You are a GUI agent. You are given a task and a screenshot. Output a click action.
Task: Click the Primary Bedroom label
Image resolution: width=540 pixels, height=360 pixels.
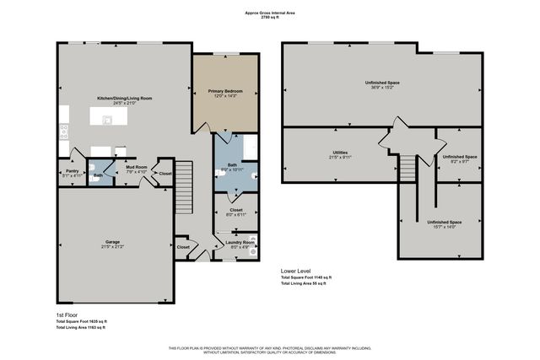[225, 89]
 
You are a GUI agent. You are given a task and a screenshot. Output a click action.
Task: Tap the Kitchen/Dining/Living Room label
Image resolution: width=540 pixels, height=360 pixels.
[124, 99]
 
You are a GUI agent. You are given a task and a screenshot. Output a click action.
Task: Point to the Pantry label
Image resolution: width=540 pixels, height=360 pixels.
[72, 171]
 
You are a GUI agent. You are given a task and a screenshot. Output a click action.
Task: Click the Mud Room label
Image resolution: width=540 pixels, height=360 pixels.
[137, 167]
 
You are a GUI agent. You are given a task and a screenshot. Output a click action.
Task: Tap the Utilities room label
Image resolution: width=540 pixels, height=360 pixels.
[340, 153]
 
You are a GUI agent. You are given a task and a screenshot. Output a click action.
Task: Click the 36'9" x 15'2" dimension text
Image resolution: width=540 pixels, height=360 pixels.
[382, 87]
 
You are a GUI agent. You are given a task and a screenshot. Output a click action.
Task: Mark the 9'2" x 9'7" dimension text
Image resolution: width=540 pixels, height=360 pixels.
[460, 161]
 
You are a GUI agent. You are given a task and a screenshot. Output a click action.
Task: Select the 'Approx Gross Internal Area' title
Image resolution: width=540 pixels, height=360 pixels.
[269, 13]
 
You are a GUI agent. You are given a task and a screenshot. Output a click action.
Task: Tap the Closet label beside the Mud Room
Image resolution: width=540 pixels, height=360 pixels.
[165, 174]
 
